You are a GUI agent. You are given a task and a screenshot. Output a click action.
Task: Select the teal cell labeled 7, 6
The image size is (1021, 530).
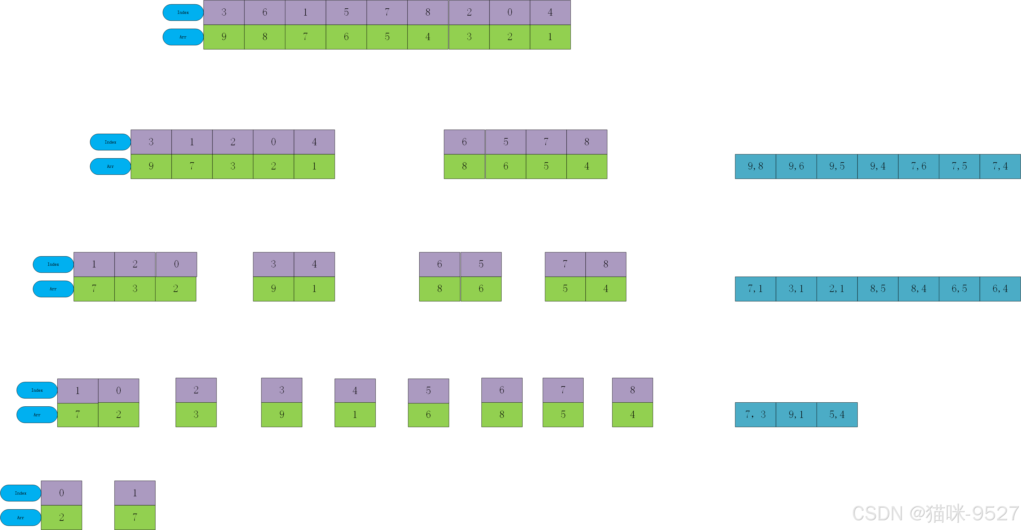point(918,166)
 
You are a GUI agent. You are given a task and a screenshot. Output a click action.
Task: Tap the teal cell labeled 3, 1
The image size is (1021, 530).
point(796,289)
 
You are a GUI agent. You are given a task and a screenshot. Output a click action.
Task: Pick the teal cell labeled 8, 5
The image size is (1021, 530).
point(878,289)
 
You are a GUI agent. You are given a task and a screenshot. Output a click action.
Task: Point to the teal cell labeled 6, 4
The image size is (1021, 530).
point(1000,289)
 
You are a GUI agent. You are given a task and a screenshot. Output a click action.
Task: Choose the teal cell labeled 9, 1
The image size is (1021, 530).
point(796,414)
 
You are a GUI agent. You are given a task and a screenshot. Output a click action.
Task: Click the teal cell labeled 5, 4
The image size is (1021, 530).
point(837,414)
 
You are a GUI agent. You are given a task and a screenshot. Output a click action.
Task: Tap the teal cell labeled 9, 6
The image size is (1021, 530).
point(796,166)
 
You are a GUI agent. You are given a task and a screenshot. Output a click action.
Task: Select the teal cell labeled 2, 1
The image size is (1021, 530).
point(837,289)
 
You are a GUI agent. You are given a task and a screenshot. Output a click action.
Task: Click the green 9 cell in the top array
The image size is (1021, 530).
point(224,37)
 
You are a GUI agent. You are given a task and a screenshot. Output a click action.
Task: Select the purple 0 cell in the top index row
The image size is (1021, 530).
point(510,12)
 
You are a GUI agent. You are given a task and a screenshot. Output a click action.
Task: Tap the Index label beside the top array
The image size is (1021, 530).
point(183,12)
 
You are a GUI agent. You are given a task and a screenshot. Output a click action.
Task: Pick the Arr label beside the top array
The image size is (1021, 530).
point(183,37)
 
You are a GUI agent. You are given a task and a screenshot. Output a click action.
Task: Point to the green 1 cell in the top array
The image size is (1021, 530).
point(550,37)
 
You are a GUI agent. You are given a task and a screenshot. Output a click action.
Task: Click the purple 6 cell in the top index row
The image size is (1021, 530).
point(265,12)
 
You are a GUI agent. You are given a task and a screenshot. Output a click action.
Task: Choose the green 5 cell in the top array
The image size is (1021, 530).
point(387,37)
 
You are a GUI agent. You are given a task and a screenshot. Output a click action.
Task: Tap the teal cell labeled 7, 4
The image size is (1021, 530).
point(1000,166)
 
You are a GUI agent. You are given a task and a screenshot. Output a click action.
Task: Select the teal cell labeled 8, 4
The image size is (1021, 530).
point(918,289)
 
